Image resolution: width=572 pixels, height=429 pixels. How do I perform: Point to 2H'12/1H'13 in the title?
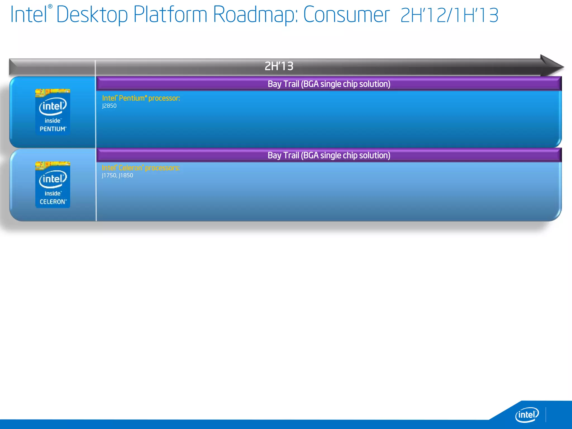[x=449, y=15]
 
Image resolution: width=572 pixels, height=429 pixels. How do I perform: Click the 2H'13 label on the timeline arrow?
[x=279, y=66]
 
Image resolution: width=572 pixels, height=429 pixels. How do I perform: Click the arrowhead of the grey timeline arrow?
[x=552, y=66]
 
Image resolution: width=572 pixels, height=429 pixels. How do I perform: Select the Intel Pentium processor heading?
[x=141, y=98]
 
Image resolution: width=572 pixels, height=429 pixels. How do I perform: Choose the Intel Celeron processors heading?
[x=141, y=168]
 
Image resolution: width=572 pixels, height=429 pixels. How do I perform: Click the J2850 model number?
[x=109, y=106]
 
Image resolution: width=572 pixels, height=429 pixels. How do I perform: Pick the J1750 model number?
[x=109, y=175]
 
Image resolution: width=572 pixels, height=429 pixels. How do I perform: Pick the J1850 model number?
[x=126, y=175]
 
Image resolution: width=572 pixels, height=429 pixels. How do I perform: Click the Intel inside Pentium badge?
[x=53, y=112]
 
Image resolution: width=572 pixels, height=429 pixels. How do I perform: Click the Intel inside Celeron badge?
[x=53, y=185]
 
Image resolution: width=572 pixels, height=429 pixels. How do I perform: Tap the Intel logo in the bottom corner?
[x=527, y=414]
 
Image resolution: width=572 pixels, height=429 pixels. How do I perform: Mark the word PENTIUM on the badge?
[x=53, y=129]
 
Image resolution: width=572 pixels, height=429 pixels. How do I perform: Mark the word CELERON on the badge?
[x=53, y=202]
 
